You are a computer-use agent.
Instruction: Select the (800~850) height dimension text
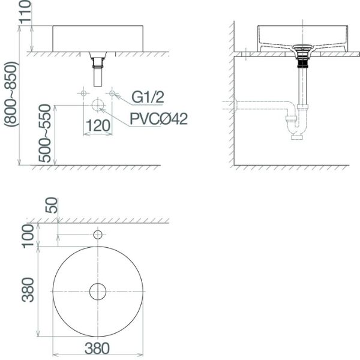pos(10,94)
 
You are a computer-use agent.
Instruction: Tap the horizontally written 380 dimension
pos(97,347)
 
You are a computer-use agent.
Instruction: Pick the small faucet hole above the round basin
pos(98,234)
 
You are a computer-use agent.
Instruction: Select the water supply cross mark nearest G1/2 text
pos(112,93)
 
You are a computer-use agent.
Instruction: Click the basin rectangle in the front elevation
pos(98,38)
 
